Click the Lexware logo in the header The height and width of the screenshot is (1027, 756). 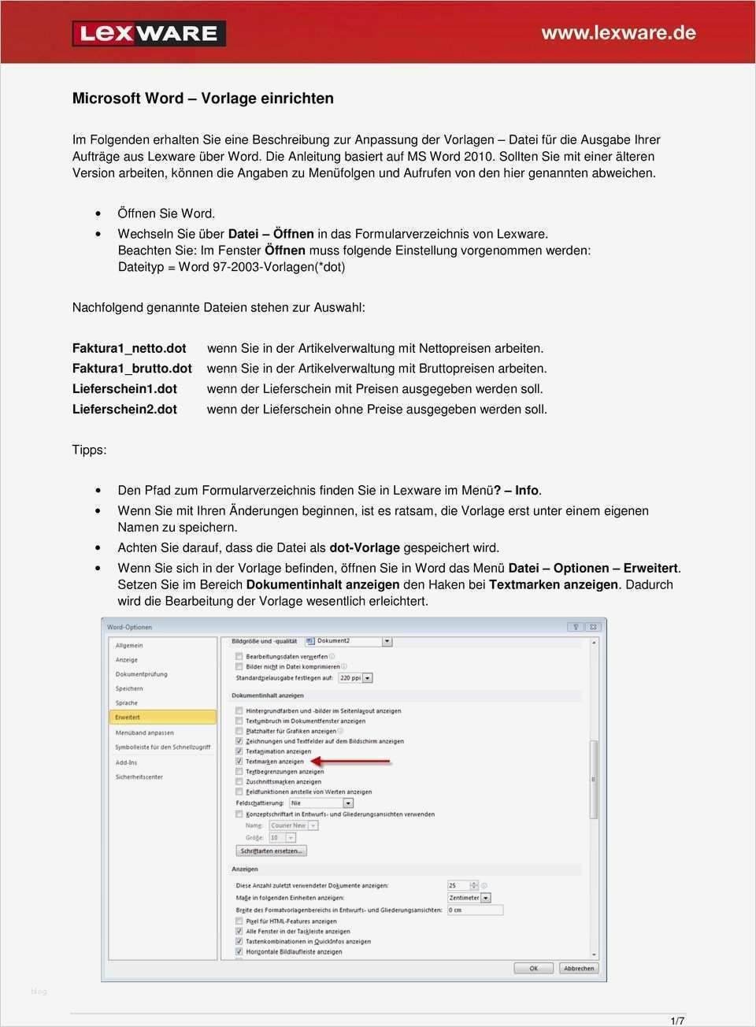(x=149, y=33)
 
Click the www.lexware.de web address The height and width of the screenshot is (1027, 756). (x=618, y=32)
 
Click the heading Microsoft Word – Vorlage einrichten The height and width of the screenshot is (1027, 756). (x=202, y=98)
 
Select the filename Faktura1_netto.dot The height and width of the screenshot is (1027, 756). (x=129, y=348)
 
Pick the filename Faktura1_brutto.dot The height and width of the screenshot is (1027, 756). (x=132, y=369)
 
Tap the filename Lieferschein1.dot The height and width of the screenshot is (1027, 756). (x=124, y=389)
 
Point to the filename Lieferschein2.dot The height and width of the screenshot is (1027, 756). (x=124, y=410)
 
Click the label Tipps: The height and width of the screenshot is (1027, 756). (x=89, y=450)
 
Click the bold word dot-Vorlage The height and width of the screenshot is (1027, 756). (x=365, y=548)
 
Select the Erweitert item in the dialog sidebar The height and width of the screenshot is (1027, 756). (x=128, y=717)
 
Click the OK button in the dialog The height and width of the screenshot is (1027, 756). (x=533, y=968)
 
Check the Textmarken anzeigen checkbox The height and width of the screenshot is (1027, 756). (x=239, y=762)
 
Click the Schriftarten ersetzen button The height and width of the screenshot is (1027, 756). (x=271, y=851)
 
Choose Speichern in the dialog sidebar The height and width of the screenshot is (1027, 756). (x=129, y=688)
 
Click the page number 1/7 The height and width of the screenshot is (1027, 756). (x=677, y=1021)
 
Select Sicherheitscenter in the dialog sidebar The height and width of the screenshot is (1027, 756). (x=139, y=777)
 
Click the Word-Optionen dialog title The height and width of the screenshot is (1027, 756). (x=130, y=628)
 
